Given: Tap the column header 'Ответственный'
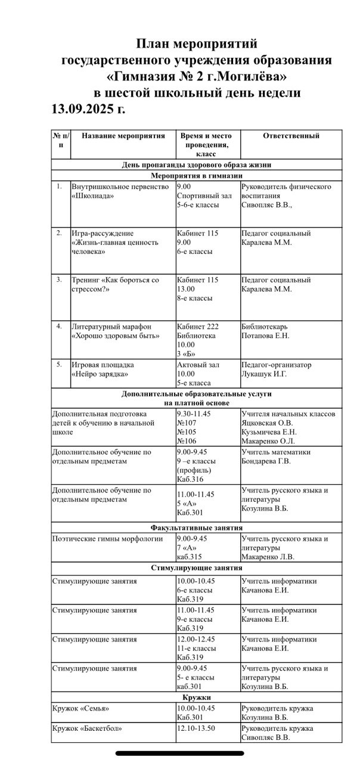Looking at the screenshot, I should [291, 136].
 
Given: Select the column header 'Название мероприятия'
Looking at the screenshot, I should [123, 136].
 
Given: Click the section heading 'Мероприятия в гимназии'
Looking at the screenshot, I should [197, 176].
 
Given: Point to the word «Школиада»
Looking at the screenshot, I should [93, 196].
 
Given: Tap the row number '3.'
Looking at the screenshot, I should [60, 279].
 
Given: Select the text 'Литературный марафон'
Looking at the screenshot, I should [111, 327].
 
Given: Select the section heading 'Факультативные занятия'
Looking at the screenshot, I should [197, 528].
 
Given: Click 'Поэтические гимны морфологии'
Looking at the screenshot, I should [107, 539].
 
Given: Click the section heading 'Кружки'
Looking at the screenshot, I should [197, 697].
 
